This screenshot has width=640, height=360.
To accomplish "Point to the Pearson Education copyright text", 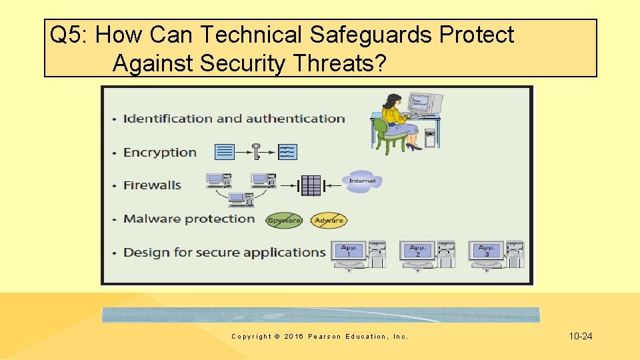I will tap(319, 337).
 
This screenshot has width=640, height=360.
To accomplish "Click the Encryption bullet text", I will tap(160, 153).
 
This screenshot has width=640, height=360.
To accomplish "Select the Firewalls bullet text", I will tap(152, 185).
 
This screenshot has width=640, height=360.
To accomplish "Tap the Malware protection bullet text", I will tap(189, 219).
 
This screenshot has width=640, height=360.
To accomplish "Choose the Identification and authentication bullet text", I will tap(234, 119).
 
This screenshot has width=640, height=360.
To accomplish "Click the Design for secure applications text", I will tap(224, 253).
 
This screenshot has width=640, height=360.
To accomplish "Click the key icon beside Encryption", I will tap(256, 151).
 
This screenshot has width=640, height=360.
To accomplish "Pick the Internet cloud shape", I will tap(363, 181).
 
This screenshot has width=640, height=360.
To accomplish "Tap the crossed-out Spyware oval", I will tap(284, 220).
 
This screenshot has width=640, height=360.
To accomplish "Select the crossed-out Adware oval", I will tap(329, 220).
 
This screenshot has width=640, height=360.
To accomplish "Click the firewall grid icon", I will tap(311, 185).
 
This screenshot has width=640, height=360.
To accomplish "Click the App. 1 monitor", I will tap(349, 252).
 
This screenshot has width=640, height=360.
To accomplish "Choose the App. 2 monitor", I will tap(417, 252).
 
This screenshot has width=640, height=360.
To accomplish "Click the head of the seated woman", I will tap(389, 101).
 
